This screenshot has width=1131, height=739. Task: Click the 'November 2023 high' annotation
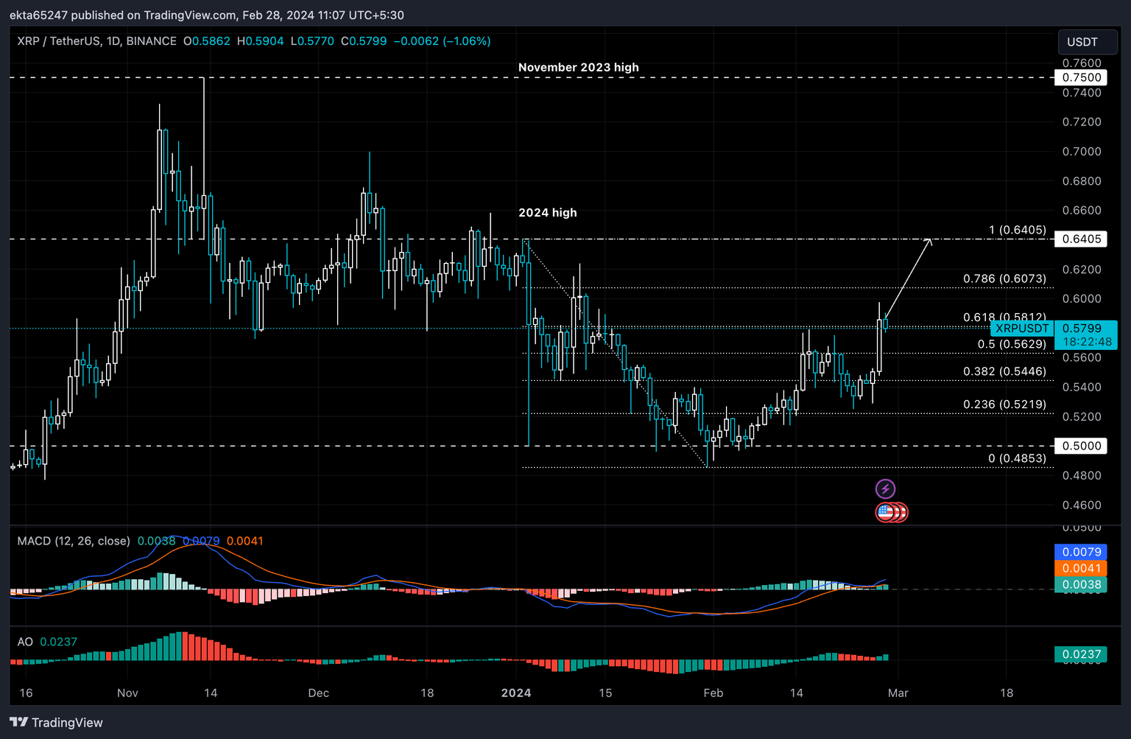578,67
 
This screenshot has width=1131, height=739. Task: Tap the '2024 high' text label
547,212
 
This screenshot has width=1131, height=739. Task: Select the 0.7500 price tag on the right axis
1081,77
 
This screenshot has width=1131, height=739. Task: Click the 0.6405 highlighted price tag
1081,239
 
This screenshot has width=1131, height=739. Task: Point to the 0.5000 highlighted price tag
1081,446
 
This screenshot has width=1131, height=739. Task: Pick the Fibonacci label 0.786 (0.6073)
1004,279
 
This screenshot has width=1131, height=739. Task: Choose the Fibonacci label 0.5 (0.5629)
1011,344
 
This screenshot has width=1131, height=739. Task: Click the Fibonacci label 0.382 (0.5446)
1004,371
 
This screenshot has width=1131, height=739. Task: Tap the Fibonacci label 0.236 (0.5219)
1004,404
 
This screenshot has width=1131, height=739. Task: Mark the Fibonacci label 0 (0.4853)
1016,458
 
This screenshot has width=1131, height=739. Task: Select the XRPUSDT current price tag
1021,329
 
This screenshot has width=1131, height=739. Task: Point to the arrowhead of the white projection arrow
930,240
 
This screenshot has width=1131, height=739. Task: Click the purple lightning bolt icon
885,488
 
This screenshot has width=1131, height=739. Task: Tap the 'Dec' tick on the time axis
318,693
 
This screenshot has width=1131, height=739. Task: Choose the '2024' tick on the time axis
515,693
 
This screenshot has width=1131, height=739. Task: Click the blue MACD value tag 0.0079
1081,552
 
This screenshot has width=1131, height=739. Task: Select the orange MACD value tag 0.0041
1081,568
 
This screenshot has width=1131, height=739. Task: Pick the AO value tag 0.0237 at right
1081,654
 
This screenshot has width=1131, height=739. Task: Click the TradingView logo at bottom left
57,722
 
